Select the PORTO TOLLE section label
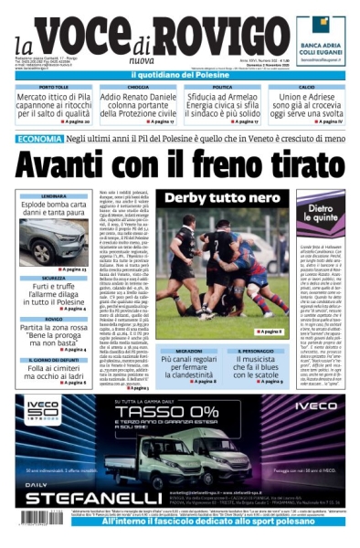(54, 87)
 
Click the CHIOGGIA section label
(137, 87)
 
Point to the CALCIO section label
(305, 87)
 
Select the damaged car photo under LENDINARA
(54, 241)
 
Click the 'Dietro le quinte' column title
(319, 214)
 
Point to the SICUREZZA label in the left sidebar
(54, 278)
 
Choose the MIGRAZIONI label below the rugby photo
(189, 350)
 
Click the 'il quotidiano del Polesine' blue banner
(179, 76)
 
